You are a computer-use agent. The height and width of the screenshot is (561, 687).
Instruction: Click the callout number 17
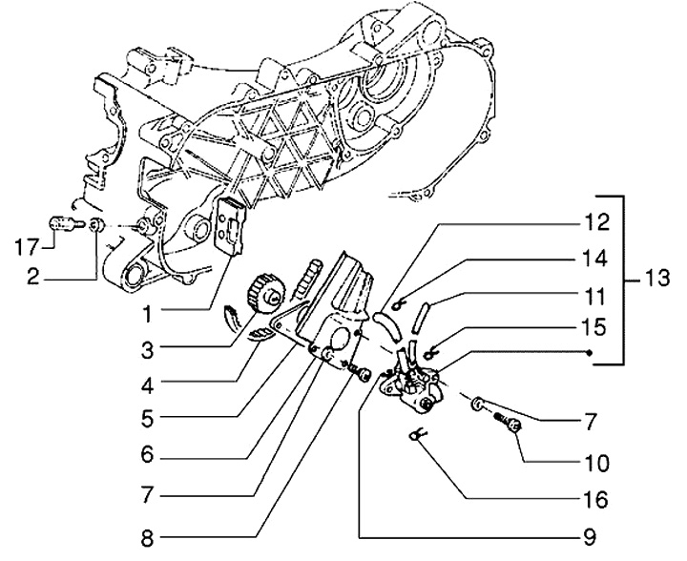click(27, 249)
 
